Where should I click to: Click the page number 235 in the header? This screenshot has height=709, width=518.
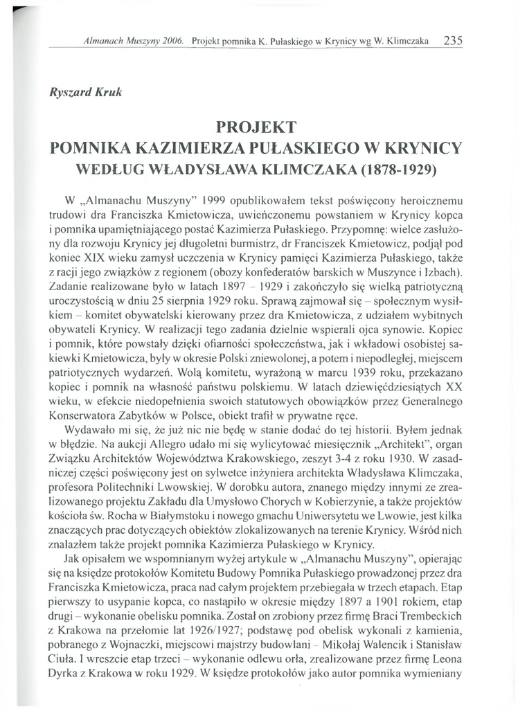pos(453,41)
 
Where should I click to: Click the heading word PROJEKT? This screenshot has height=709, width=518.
pos(256,127)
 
